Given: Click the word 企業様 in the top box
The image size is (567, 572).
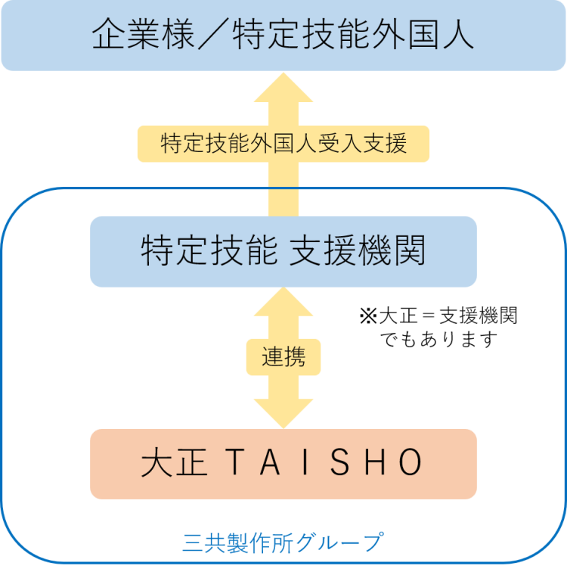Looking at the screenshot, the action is click(143, 34).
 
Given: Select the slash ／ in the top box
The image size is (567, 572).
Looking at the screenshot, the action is click(214, 34).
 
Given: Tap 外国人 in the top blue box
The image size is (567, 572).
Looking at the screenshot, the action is click(423, 34).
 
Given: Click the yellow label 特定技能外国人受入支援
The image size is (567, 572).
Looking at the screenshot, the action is click(283, 144).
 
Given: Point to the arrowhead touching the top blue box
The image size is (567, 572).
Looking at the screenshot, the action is click(283, 88).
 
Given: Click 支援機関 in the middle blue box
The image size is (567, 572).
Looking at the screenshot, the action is click(357, 250).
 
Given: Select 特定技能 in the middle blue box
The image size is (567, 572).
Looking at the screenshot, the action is click(209, 250).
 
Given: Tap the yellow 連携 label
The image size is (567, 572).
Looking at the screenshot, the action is click(283, 357).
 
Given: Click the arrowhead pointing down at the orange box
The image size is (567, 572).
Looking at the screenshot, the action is click(283, 414).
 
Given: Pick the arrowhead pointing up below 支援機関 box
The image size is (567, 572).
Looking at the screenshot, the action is click(283, 302).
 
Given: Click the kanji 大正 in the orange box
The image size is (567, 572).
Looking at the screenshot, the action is click(174, 462).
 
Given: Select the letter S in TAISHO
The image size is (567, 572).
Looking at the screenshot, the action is click(339, 462).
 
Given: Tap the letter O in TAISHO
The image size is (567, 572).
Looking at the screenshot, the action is click(411, 462).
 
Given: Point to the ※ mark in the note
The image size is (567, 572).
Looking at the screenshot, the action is click(368, 316).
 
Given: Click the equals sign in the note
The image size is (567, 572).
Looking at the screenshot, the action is click(429, 316).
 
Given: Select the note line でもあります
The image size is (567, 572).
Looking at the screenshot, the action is click(438, 340).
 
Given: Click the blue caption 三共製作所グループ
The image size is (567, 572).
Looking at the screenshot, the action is click(283, 543).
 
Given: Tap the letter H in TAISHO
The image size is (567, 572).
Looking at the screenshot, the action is click(375, 462).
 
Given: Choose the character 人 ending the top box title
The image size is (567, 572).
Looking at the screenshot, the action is click(458, 34).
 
